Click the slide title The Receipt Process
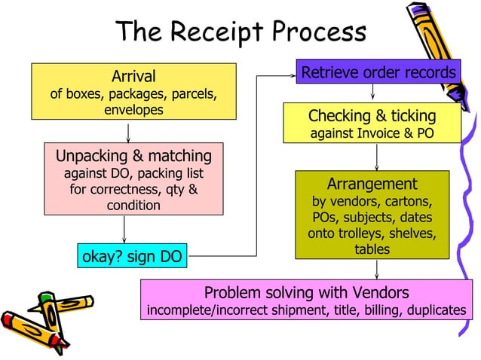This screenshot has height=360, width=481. tap(240, 32)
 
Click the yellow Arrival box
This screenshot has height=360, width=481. tap(133, 91)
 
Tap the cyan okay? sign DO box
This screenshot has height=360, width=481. tap(132, 256)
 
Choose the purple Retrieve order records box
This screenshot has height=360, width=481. tap(378, 72)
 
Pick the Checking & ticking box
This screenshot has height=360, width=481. tap(372, 124)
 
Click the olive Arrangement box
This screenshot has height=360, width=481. tap(372, 215)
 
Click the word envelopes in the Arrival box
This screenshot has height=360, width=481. tap(133, 110)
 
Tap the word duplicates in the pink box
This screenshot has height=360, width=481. tap(437, 310)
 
